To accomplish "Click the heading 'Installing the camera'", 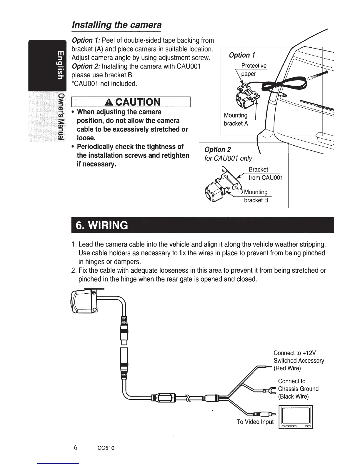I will click(x=117, y=25).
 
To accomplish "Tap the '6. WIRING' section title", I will click(x=102, y=225).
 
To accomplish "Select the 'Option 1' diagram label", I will click(x=242, y=55).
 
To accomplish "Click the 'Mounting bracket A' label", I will click(x=236, y=119).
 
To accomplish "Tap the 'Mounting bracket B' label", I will click(x=256, y=196).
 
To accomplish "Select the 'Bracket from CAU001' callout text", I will click(x=265, y=174).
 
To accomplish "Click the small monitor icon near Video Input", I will click(x=296, y=417).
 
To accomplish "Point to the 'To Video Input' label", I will click(x=255, y=422).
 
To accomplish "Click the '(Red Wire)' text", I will click(x=287, y=368).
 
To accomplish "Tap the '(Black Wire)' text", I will click(x=293, y=396).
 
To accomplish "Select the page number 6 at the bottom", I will click(x=76, y=447).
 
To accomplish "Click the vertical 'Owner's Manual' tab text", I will click(x=61, y=117).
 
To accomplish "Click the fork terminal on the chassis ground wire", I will click(x=273, y=390).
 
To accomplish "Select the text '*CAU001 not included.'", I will click(x=104, y=84).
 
